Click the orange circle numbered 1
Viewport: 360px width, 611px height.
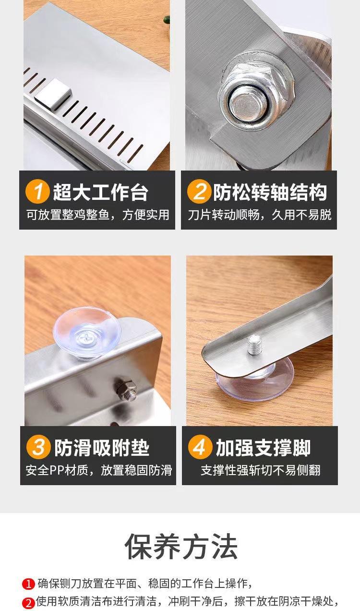(x=37, y=192)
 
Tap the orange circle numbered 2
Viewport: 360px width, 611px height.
(x=199, y=192)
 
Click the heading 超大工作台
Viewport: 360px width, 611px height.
(x=101, y=192)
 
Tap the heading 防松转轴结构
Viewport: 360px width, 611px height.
(x=270, y=192)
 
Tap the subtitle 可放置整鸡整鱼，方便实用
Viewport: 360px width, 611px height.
(x=98, y=215)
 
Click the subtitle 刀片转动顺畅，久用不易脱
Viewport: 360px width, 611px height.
(x=259, y=215)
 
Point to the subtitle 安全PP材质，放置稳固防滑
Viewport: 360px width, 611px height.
(x=99, y=470)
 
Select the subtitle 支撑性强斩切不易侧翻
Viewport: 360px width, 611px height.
(x=261, y=470)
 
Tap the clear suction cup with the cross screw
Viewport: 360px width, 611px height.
(x=87, y=332)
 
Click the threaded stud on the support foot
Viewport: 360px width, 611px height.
(x=255, y=345)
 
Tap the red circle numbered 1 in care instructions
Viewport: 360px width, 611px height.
(x=28, y=584)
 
